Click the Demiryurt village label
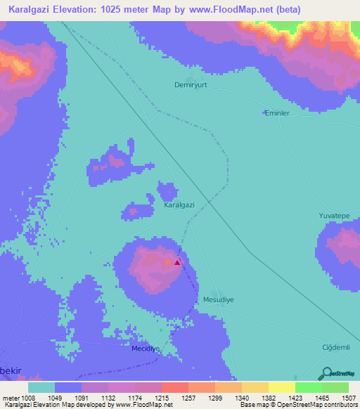pos(191,84)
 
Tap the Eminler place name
pos(276,112)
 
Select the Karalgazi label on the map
pos(179,205)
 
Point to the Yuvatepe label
pos(334,216)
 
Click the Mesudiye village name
pos(217,299)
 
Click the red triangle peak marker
pos(177,263)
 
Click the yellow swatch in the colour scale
pos(282,387)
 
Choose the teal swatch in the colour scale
pos(41,387)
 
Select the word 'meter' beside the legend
pos(11,397)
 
